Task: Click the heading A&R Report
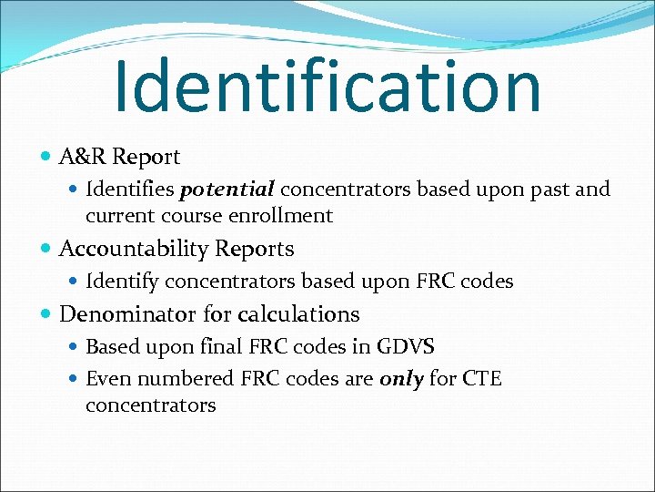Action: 119,157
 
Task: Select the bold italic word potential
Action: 227,190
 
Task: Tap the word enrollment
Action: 288,216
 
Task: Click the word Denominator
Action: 128,314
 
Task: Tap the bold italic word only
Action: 401,378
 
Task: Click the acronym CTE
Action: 481,378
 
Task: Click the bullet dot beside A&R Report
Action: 46,158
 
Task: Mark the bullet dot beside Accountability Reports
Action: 46,250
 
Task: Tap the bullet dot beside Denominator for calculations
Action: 46,315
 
